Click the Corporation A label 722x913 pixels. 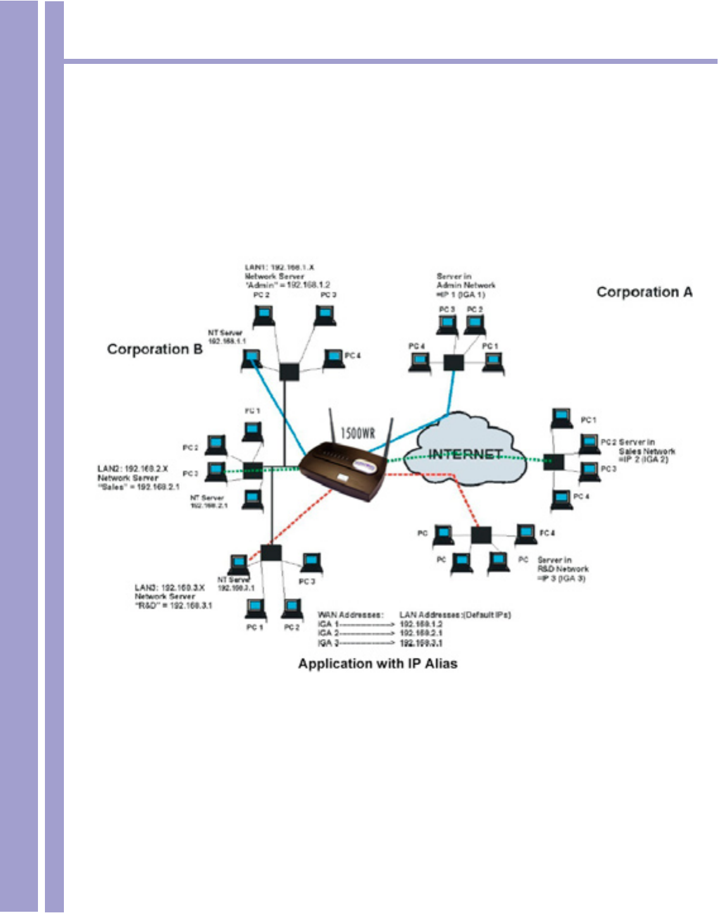pyautogui.click(x=644, y=292)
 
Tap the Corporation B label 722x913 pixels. pyautogui.click(x=155, y=349)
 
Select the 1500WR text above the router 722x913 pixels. pyautogui.click(x=358, y=433)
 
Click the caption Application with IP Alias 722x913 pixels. pyautogui.click(x=378, y=664)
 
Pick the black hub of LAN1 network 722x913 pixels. pyautogui.click(x=289, y=371)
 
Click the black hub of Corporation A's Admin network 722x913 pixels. pyautogui.click(x=453, y=363)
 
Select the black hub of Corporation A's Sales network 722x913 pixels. pyautogui.click(x=554, y=462)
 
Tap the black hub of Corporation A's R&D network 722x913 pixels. pyautogui.click(x=481, y=535)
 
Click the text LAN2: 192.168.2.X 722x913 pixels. pyautogui.click(x=133, y=469)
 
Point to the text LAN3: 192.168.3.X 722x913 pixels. pyautogui.click(x=170, y=588)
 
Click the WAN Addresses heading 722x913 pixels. pyautogui.click(x=350, y=615)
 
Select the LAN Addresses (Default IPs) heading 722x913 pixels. pyautogui.click(x=455, y=615)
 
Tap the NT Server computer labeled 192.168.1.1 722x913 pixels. pyautogui.click(x=251, y=360)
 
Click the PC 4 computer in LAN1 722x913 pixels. pyautogui.click(x=333, y=359)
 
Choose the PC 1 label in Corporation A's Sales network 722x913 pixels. pyautogui.click(x=588, y=420)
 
